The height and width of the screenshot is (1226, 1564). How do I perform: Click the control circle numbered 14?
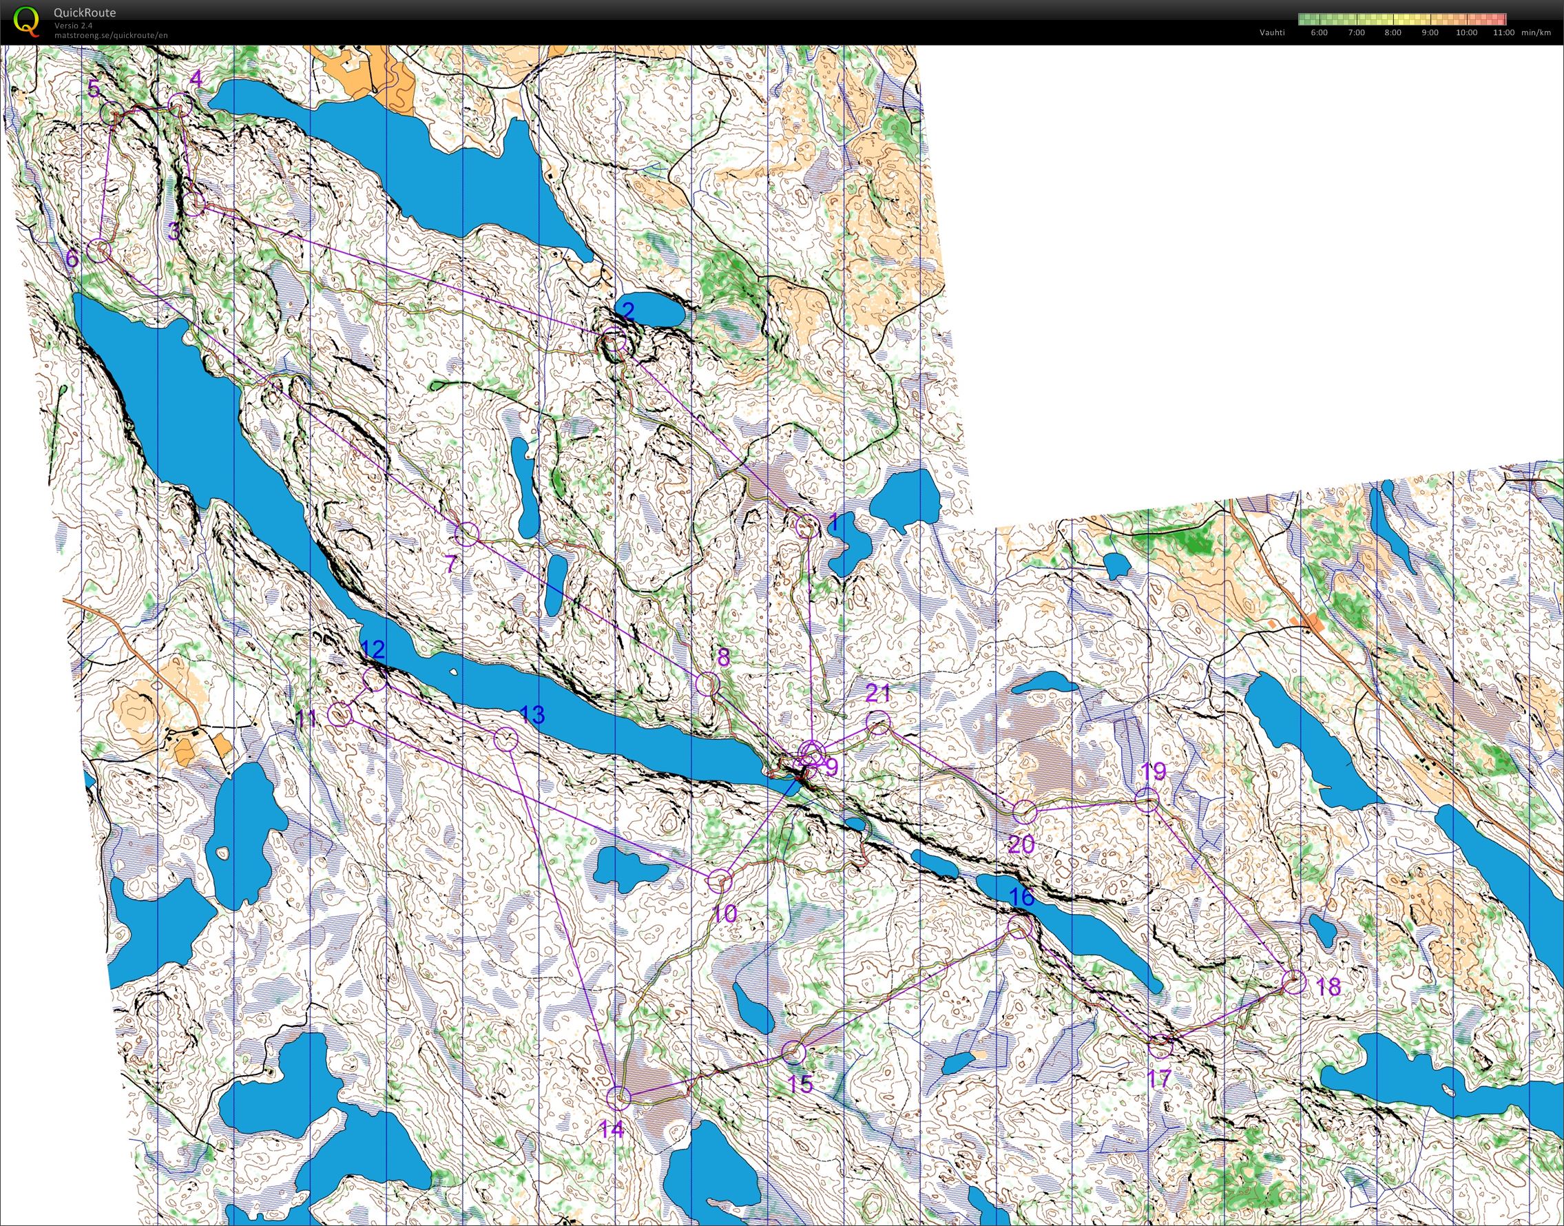tap(618, 1098)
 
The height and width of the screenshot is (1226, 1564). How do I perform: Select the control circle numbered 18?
tap(1293, 982)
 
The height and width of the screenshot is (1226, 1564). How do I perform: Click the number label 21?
tap(878, 694)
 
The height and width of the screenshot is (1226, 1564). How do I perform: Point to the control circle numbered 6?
tap(99, 251)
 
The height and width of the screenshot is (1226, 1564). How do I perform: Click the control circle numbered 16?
tap(1020, 926)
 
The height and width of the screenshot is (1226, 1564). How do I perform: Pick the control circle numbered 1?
tap(806, 526)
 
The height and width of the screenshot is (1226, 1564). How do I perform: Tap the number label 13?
tap(532, 714)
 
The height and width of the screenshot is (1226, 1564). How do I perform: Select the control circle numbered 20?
tap(1025, 812)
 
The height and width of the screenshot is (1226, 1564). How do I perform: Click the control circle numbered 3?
tap(194, 204)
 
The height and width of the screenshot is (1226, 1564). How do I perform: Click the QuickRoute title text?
tap(85, 13)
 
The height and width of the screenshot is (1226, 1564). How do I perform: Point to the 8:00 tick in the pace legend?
tap(1393, 32)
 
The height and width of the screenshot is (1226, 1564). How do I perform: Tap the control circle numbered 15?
tap(793, 1052)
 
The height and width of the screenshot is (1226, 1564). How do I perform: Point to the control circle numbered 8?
tap(707, 683)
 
